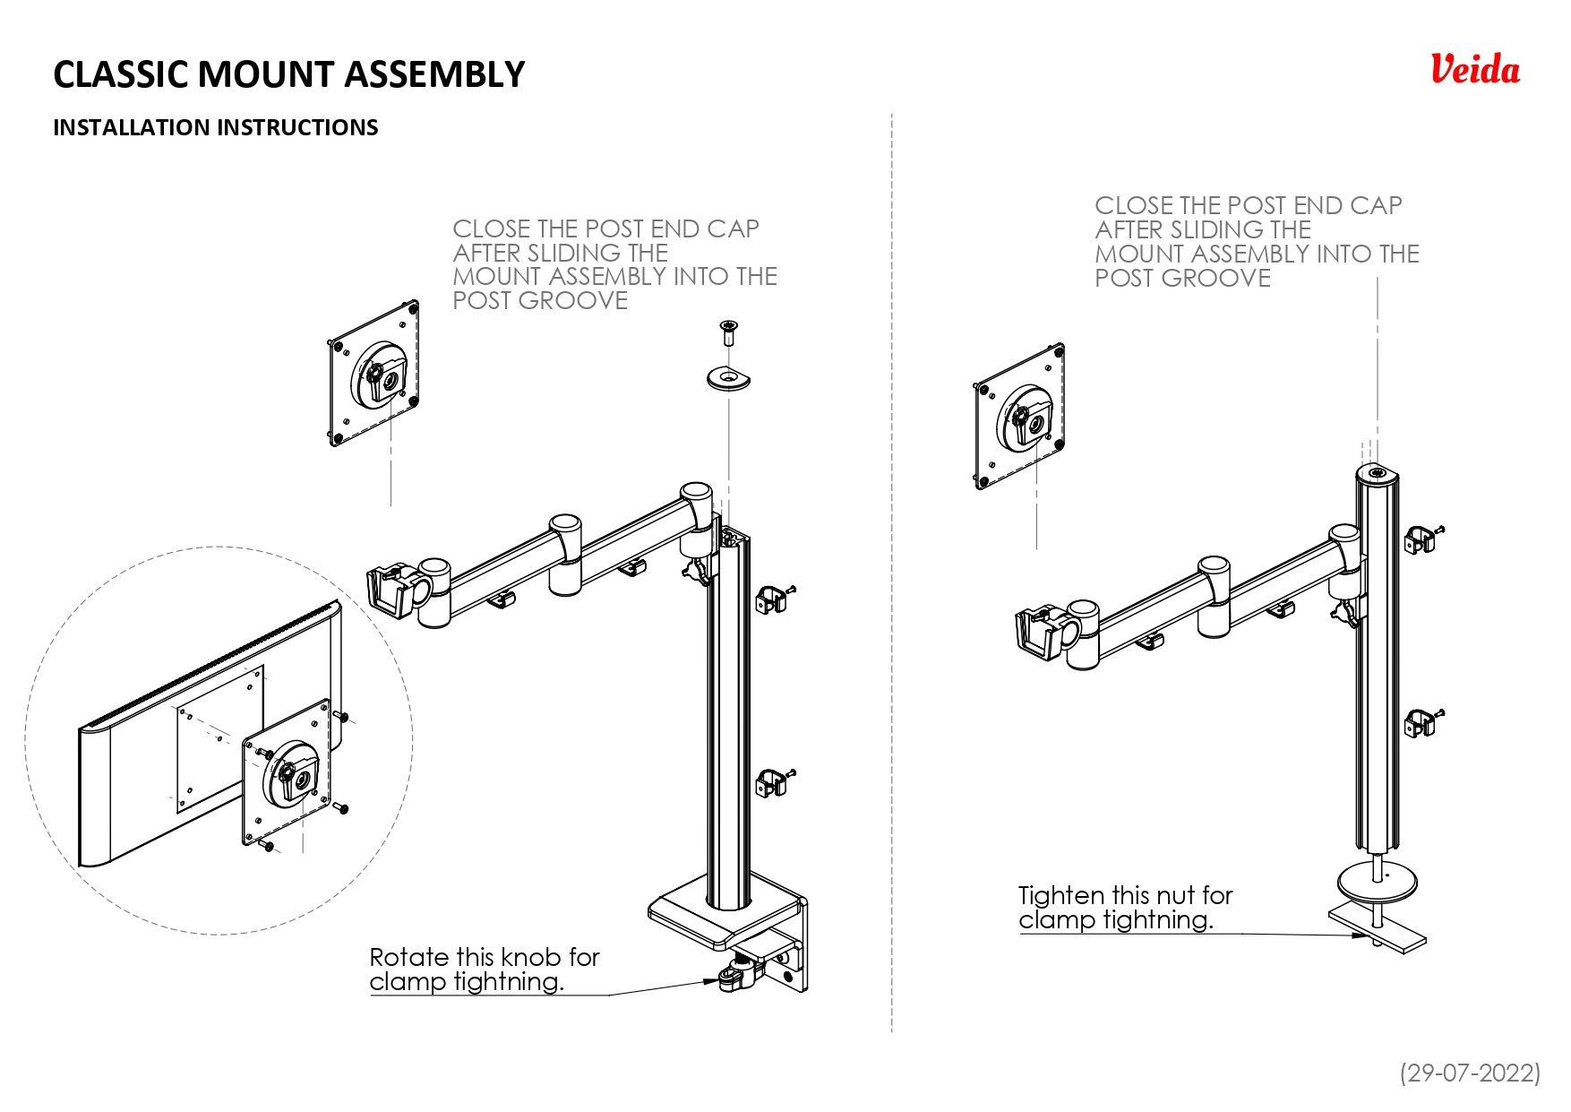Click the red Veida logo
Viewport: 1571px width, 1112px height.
[1474, 70]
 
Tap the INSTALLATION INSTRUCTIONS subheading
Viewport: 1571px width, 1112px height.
[215, 127]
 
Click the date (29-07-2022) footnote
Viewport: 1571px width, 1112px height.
[1470, 1072]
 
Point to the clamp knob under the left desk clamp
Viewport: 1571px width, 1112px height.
[736, 977]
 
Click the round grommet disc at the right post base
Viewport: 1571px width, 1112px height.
[1378, 883]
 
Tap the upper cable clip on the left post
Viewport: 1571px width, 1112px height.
[771, 599]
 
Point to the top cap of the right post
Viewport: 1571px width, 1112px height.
[1377, 473]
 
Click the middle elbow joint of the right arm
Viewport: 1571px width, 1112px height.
[1214, 582]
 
